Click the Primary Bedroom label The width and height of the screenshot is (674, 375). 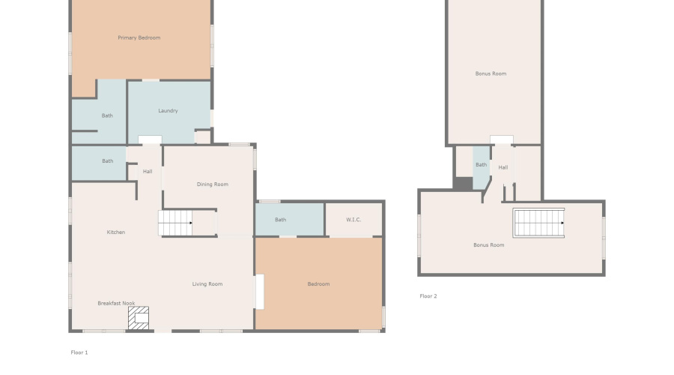tap(139, 37)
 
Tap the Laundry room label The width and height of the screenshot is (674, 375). tap(168, 111)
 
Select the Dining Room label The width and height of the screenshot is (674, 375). tap(213, 184)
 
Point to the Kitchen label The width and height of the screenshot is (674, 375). tap(116, 232)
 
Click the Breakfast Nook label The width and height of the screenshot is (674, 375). tap(116, 304)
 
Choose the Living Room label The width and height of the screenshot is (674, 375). tap(207, 284)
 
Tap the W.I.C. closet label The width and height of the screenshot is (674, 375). tap(353, 220)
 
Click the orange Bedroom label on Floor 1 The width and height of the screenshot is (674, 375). tap(318, 284)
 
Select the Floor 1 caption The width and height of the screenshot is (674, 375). tap(79, 352)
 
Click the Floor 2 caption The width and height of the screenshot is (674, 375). tap(428, 296)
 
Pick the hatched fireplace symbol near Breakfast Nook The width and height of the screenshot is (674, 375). tap(139, 318)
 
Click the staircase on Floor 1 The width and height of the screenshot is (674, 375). tap(175, 223)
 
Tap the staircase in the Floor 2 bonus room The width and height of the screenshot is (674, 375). tap(538, 223)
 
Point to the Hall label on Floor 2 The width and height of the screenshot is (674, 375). tap(503, 167)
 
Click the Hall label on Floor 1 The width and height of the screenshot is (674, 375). tap(148, 172)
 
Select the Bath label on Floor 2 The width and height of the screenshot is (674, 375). tap(482, 165)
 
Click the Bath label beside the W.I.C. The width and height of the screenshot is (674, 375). tap(280, 220)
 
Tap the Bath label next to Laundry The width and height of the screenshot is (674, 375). tap(107, 115)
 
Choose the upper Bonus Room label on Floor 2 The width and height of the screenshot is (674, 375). tap(491, 73)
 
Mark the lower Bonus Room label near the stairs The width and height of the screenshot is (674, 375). tap(488, 245)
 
